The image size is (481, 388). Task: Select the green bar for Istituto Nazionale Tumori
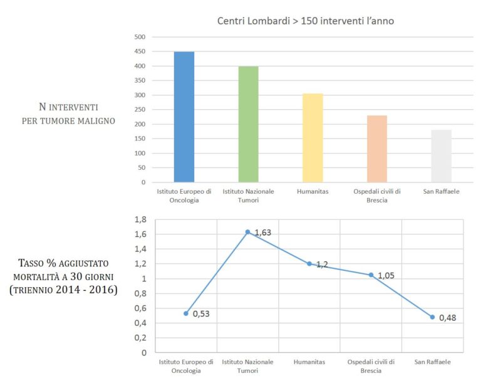[x=249, y=124]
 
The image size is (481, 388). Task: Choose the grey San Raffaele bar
[x=441, y=156]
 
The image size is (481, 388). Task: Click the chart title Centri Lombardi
[x=306, y=21]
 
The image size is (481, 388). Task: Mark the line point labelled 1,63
[x=247, y=232]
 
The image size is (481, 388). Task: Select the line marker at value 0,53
[x=186, y=313]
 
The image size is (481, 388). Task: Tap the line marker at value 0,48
[x=432, y=317]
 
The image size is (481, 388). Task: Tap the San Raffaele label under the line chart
[x=432, y=362]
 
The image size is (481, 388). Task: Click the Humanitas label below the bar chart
[x=313, y=191]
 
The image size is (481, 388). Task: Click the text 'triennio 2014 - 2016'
[x=63, y=290]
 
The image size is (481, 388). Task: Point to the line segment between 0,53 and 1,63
[x=217, y=273]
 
